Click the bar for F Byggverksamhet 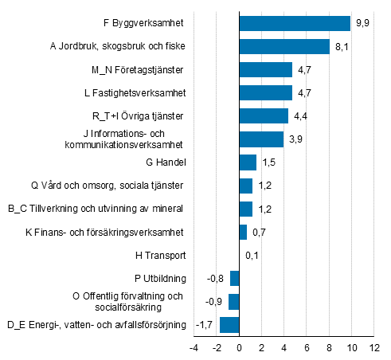295,23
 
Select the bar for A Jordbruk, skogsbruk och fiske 284,46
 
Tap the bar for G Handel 248,162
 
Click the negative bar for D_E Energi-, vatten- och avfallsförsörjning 229,324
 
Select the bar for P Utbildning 234,278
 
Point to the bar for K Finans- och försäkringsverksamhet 243,232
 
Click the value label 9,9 362,23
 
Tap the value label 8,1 342,46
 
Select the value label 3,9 295,139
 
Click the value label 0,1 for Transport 251,255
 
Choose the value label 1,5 268,162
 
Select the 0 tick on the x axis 239,348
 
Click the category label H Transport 161,255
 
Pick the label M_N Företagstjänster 139,69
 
